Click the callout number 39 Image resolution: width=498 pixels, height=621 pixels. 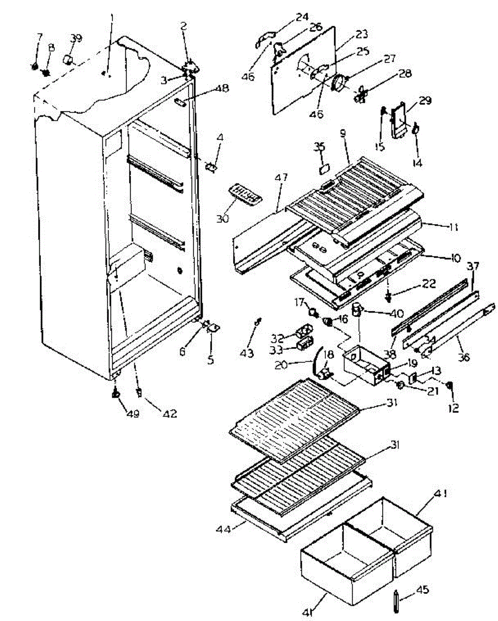pyautogui.click(x=76, y=38)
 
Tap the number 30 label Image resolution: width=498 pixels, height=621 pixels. pyautogui.click(x=222, y=219)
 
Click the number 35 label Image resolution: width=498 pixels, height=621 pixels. pyautogui.click(x=319, y=146)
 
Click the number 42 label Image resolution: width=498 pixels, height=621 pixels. pyautogui.click(x=170, y=413)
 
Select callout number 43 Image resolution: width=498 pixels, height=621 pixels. pyautogui.click(x=247, y=353)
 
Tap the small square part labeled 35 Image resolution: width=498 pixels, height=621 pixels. pyautogui.click(x=325, y=168)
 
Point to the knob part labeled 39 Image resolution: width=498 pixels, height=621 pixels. pyautogui.click(x=67, y=59)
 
